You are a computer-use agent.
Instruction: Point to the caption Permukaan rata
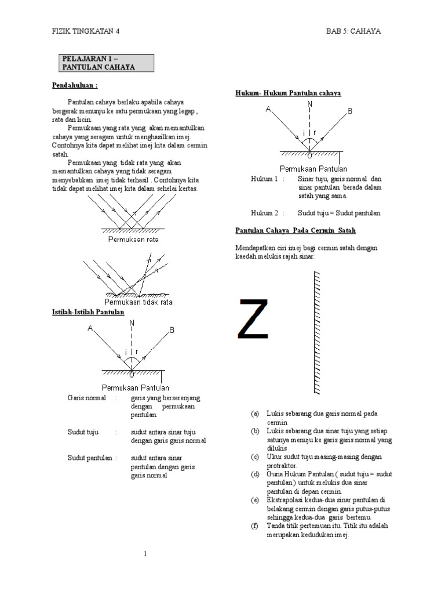132,238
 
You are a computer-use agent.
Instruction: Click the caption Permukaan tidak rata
138,302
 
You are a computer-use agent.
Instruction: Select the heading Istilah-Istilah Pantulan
87,313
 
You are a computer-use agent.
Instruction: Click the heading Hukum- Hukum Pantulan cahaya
288,93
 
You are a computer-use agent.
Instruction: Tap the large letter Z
254,319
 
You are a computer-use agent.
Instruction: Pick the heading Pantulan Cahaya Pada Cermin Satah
296,230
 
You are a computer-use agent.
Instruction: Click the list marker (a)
254,414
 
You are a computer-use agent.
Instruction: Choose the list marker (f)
254,526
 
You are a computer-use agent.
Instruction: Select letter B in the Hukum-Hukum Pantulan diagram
349,110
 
